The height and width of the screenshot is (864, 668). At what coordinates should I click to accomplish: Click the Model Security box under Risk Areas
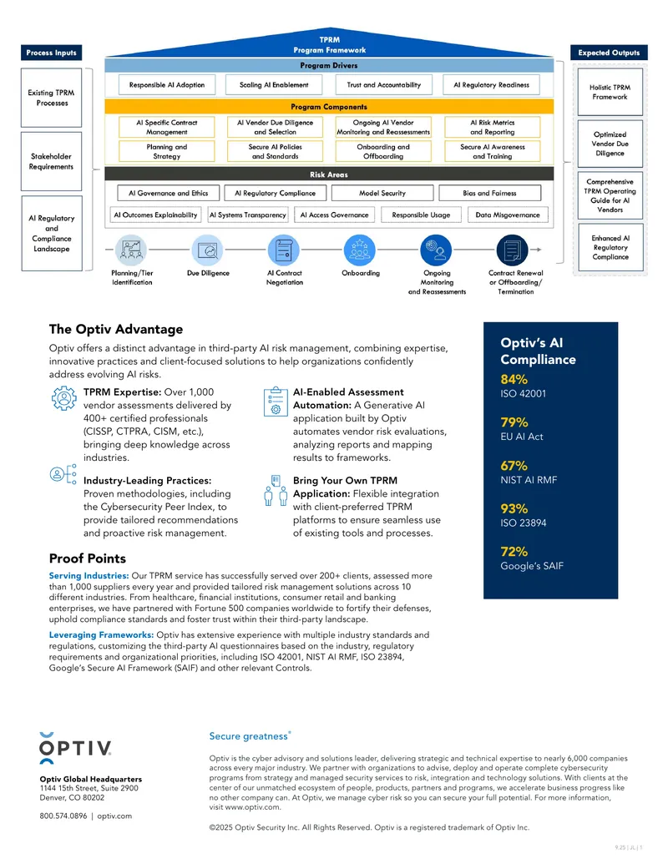click(x=382, y=193)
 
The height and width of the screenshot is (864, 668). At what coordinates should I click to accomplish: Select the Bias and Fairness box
click(x=489, y=193)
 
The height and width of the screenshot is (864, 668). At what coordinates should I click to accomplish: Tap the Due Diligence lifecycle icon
click(x=208, y=250)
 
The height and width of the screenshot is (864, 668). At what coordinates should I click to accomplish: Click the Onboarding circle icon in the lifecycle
click(x=359, y=250)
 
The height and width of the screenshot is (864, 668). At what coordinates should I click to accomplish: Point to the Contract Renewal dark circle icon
click(x=512, y=250)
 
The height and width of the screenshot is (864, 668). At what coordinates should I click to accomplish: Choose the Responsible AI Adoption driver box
click(x=167, y=85)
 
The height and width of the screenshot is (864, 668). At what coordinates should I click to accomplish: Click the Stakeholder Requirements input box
click(x=51, y=161)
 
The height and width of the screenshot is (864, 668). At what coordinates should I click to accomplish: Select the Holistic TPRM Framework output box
click(x=610, y=92)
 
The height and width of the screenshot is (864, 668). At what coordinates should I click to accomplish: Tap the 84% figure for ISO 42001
click(x=514, y=379)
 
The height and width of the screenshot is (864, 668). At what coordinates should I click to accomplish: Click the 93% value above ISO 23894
click(x=514, y=508)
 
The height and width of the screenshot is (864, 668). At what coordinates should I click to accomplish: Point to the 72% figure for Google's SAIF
click(x=514, y=552)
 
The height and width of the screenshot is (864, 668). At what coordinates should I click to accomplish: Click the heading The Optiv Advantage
click(x=116, y=329)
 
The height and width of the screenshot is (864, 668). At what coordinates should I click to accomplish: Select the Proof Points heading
click(x=88, y=558)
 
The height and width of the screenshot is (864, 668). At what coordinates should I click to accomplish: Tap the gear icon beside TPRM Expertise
click(x=64, y=398)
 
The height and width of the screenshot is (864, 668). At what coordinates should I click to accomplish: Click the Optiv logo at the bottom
click(x=75, y=748)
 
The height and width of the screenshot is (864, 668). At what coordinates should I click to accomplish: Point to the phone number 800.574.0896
click(x=63, y=816)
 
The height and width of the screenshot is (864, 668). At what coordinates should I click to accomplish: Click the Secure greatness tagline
click(x=250, y=736)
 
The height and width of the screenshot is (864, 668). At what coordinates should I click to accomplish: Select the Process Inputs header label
click(x=51, y=53)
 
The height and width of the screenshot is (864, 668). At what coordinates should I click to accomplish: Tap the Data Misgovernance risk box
click(x=508, y=215)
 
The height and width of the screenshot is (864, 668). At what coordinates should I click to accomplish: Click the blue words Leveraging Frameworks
click(x=101, y=634)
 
